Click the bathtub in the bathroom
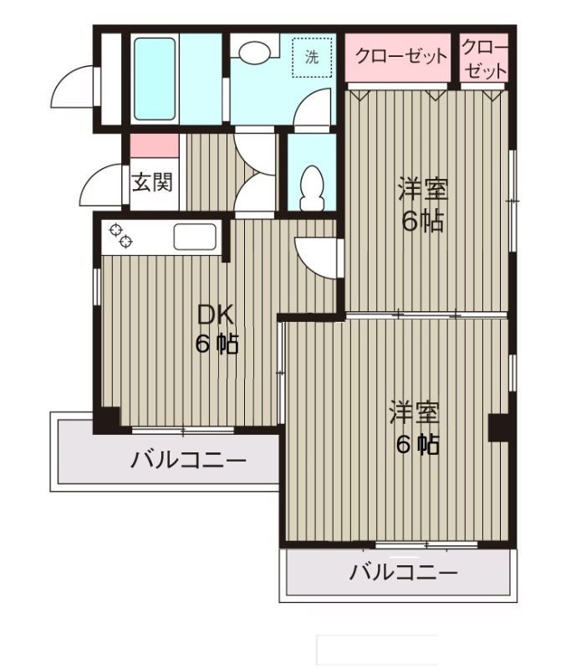coord(156,78)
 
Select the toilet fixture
coord(311,186)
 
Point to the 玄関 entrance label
coord(153,181)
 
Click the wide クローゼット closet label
coord(400,58)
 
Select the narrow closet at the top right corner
coord(484,59)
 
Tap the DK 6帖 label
coord(216,329)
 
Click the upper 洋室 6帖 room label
coord(422,205)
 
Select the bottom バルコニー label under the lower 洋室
coord(404,574)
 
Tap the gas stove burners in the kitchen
coord(119,237)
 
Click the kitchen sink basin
coord(195,237)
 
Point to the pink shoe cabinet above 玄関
coord(154,145)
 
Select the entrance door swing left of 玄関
coord(106,182)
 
